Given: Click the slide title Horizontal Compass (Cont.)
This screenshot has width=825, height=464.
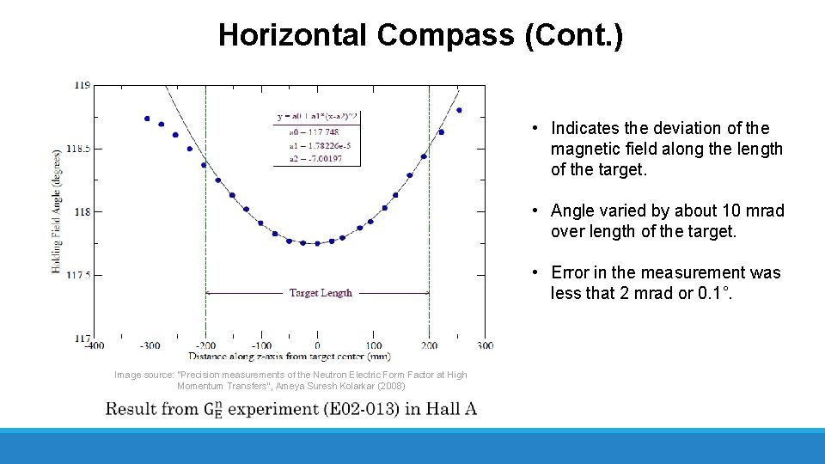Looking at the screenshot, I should [420, 35].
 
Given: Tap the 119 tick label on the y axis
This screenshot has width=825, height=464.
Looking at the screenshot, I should [82, 85].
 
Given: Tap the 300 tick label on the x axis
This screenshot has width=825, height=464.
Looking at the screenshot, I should [485, 345].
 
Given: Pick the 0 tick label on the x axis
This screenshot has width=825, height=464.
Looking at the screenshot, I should [317, 345].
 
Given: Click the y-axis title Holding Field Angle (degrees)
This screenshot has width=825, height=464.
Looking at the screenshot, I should [57, 211].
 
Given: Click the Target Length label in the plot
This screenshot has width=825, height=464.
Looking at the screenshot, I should [321, 293].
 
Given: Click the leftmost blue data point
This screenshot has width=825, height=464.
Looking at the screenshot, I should [147, 119].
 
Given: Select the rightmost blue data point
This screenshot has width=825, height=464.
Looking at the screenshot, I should [459, 110].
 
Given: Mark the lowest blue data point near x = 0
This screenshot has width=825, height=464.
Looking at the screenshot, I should [317, 243].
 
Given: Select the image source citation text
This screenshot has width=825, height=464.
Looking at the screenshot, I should [290, 381].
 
